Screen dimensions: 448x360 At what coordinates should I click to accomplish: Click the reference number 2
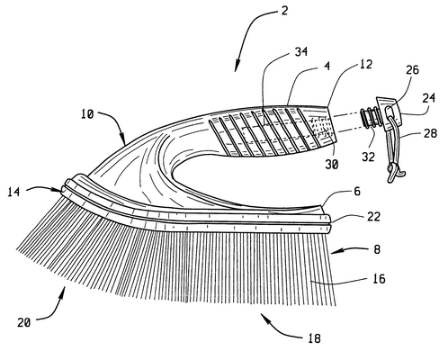tap(284, 11)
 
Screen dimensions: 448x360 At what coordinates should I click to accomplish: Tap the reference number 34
tap(301, 51)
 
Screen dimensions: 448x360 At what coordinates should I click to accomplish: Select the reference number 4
tap(327, 66)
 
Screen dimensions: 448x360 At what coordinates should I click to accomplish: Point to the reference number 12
tap(366, 64)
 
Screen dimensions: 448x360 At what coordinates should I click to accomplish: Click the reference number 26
tap(412, 70)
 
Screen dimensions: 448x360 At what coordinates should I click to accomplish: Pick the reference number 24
tap(429, 98)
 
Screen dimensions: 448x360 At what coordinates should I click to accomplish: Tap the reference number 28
tap(430, 133)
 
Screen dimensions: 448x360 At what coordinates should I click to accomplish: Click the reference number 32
tap(368, 157)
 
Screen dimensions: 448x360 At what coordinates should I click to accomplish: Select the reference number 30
tap(332, 165)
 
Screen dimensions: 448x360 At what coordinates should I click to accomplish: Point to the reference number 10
tap(87, 114)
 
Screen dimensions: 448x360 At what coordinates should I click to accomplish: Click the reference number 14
tap(13, 192)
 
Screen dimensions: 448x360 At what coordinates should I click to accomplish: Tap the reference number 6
tap(357, 192)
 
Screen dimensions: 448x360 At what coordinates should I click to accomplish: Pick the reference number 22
tap(373, 216)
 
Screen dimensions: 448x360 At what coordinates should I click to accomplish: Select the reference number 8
tap(377, 249)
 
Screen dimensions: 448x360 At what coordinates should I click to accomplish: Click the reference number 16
tap(379, 279)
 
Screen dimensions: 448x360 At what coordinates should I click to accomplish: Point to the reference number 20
tap(24, 322)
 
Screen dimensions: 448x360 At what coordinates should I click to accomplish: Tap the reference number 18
tap(314, 338)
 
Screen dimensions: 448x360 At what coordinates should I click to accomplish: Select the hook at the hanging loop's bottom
tap(396, 173)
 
